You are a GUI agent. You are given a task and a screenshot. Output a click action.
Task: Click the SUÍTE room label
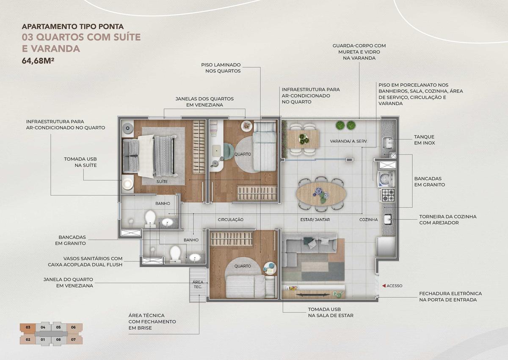(x=162, y=181)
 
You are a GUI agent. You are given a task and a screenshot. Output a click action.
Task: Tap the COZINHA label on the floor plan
(x=369, y=220)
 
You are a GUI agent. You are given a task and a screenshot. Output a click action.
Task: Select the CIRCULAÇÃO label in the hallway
(x=230, y=220)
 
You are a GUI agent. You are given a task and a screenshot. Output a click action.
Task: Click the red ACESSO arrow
(x=384, y=286)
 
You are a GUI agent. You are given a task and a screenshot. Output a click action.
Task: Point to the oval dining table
(x=321, y=194)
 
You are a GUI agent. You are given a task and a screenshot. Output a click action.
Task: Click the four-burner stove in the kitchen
(x=388, y=195)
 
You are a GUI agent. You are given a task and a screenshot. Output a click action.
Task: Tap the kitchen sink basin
(x=388, y=220)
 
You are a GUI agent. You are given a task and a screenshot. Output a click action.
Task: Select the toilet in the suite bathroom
(x=150, y=219)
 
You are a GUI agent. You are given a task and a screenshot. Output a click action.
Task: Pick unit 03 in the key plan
(x=28, y=327)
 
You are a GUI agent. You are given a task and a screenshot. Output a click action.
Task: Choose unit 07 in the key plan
(x=73, y=340)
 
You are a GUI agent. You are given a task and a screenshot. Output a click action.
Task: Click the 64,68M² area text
(x=38, y=61)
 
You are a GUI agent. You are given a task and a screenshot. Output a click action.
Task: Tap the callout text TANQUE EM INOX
(x=424, y=140)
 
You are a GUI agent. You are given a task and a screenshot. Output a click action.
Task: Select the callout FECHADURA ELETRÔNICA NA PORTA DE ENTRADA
(x=450, y=297)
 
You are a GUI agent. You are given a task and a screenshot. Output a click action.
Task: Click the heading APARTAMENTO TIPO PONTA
(x=72, y=27)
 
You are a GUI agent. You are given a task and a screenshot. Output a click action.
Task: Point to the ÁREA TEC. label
(x=198, y=284)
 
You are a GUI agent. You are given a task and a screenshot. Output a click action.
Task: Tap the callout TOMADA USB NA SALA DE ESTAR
(x=331, y=313)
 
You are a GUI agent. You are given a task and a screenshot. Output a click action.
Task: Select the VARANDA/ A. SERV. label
(x=348, y=141)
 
